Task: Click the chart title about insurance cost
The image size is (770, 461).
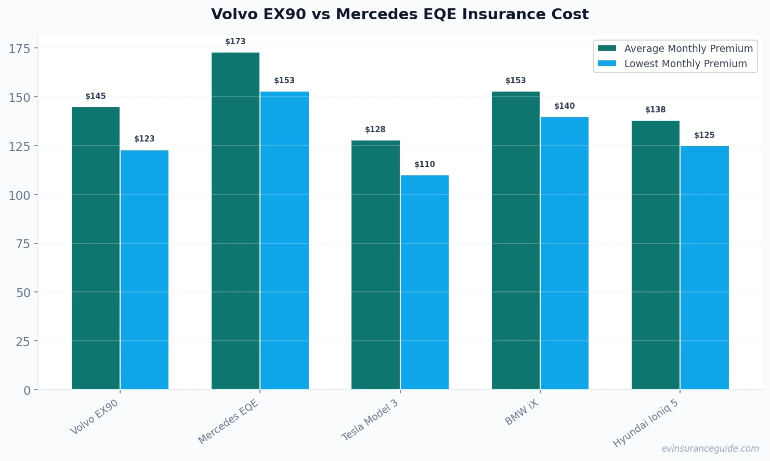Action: click(399, 14)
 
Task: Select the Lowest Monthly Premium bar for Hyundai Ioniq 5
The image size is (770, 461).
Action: click(704, 267)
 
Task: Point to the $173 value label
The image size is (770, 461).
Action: click(236, 42)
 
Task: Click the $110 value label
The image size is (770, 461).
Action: click(425, 164)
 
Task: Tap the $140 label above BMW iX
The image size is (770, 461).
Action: click(565, 106)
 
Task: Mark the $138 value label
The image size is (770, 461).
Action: click(656, 110)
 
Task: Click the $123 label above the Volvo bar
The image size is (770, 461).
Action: click(145, 139)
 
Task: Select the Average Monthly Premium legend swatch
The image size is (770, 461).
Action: click(607, 48)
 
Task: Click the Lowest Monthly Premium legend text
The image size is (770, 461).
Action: click(685, 63)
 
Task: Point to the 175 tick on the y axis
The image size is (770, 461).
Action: click(20, 49)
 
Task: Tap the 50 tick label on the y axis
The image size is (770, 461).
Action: click(23, 293)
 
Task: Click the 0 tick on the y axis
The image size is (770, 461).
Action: click(27, 391)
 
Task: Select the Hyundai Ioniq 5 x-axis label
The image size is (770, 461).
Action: click(646, 424)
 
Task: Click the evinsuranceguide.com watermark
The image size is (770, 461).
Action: click(710, 449)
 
